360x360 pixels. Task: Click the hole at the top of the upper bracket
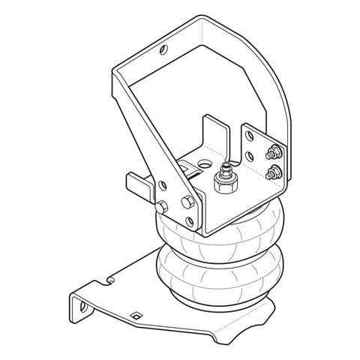(163, 51)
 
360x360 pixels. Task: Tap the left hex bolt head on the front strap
(162, 206)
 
